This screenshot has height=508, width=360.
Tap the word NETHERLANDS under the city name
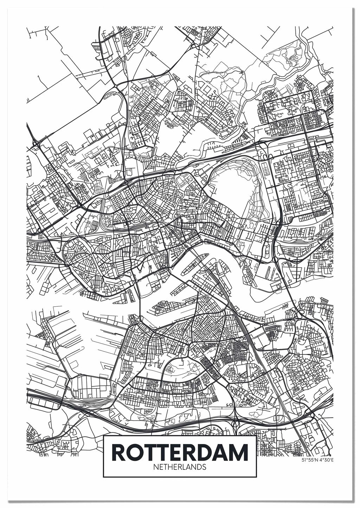[180, 467]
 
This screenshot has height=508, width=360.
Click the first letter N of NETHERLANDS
[156, 467]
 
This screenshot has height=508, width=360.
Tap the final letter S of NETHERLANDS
[204, 467]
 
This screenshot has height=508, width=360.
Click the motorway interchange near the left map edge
[35, 144]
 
